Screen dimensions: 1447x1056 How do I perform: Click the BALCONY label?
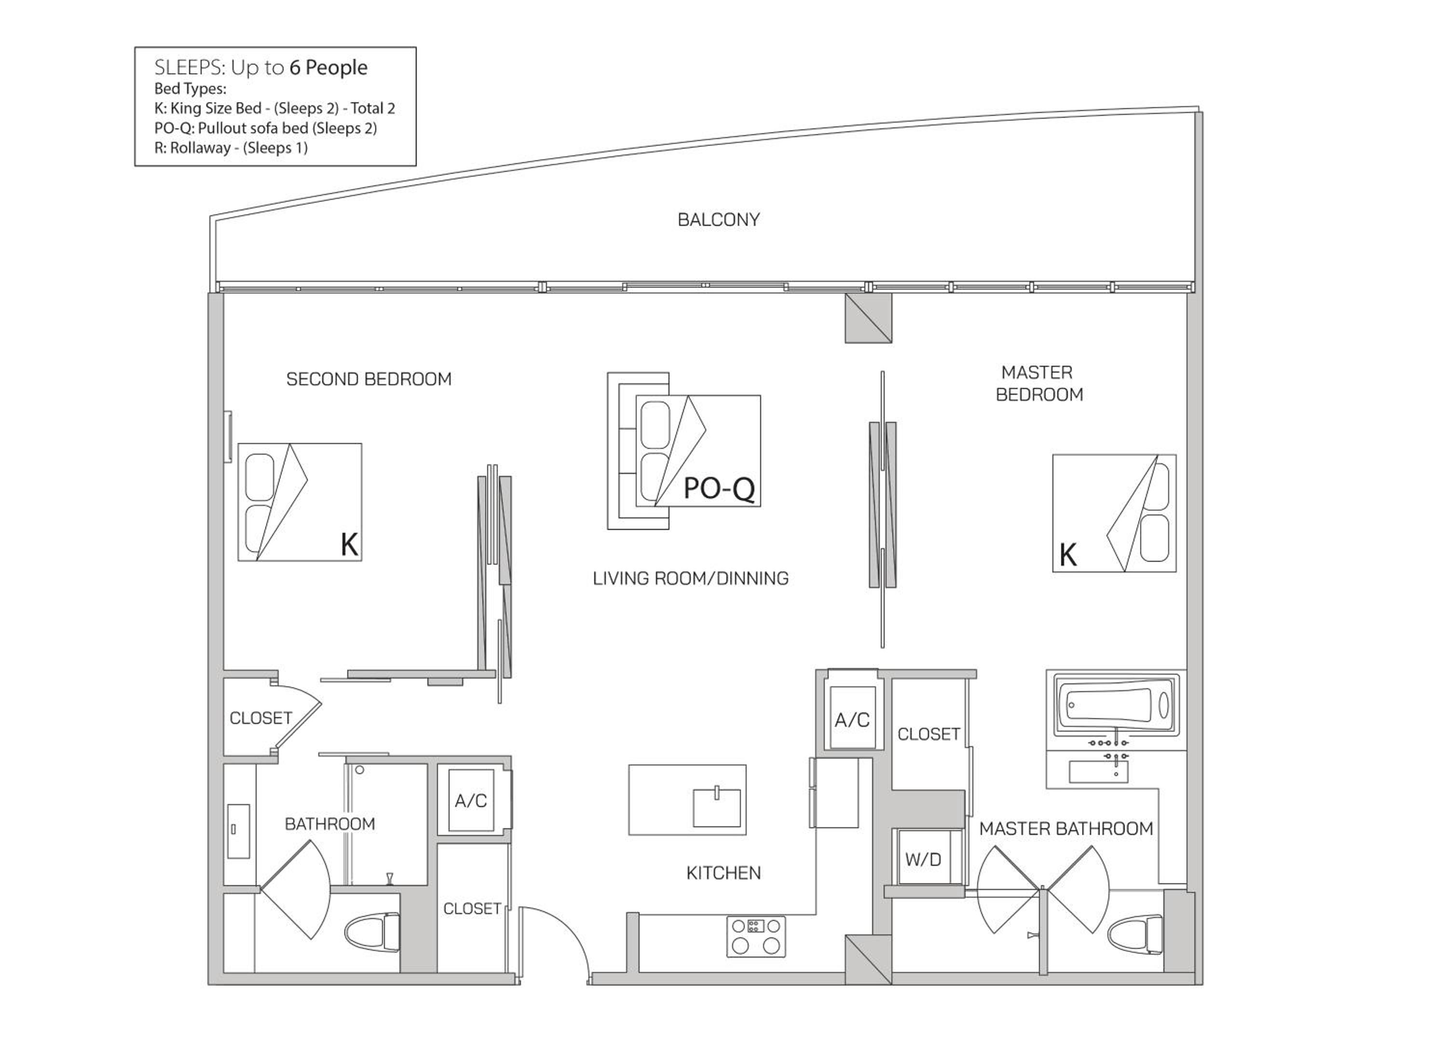point(718,220)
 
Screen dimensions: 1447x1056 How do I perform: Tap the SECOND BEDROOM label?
point(369,379)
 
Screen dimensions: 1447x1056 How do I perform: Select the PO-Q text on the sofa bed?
point(719,489)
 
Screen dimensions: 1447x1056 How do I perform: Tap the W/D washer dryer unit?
point(923,860)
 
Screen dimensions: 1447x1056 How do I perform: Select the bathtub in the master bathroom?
point(1116,706)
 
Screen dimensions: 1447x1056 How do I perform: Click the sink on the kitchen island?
point(717,808)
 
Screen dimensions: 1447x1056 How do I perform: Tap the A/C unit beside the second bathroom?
point(471,800)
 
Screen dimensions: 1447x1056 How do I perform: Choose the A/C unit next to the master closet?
point(852,719)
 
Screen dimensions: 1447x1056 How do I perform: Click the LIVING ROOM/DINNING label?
point(691,579)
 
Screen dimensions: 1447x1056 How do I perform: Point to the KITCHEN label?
point(723,873)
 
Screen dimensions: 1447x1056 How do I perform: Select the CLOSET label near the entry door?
point(472,909)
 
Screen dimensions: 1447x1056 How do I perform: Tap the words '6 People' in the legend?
point(328,68)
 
